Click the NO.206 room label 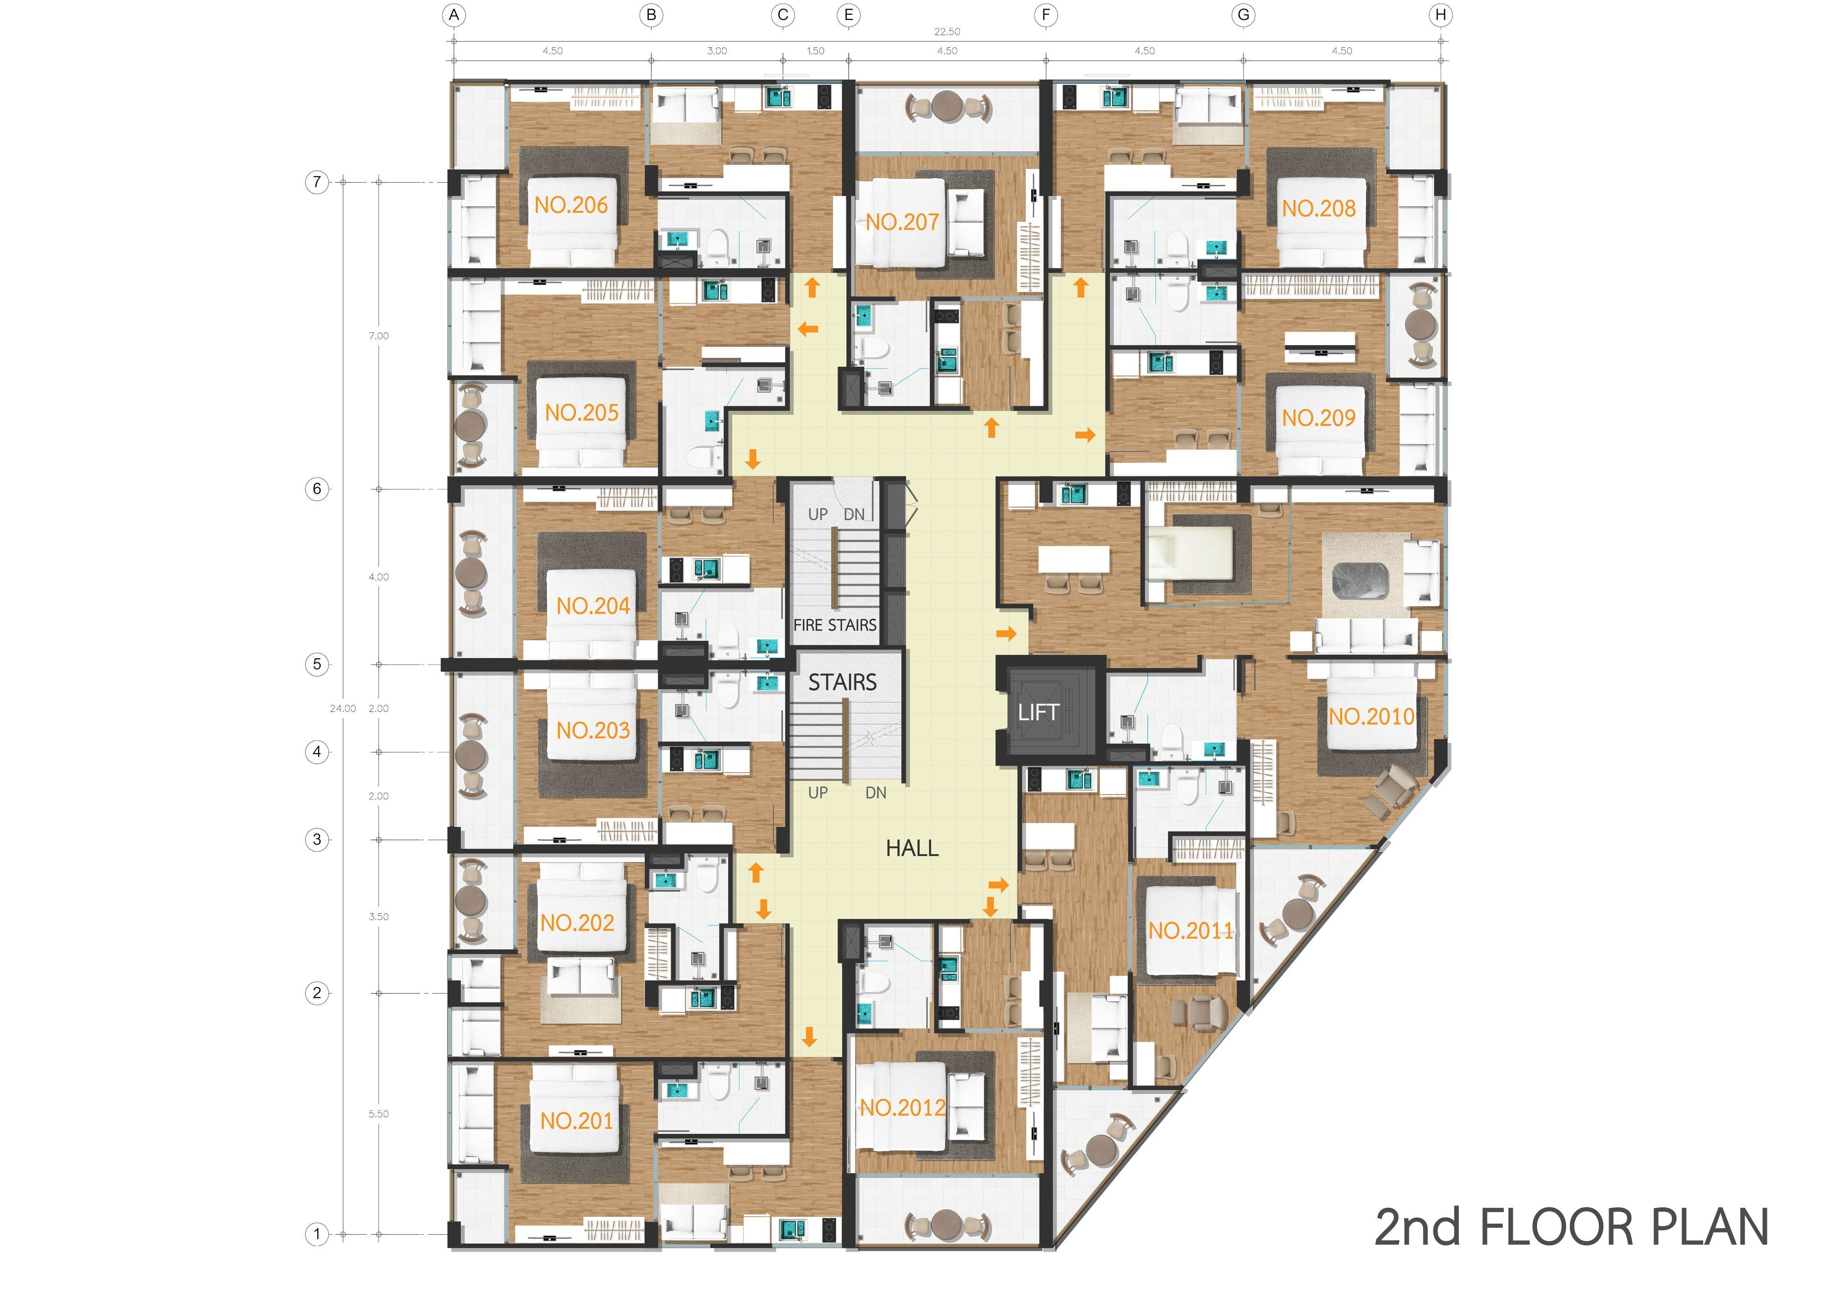point(571,205)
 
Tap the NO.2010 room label point(1371,716)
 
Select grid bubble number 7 point(317,182)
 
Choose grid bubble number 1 point(317,1234)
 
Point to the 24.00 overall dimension point(343,709)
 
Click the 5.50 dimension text point(379,1114)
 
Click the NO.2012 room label point(903,1108)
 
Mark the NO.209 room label point(1318,418)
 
